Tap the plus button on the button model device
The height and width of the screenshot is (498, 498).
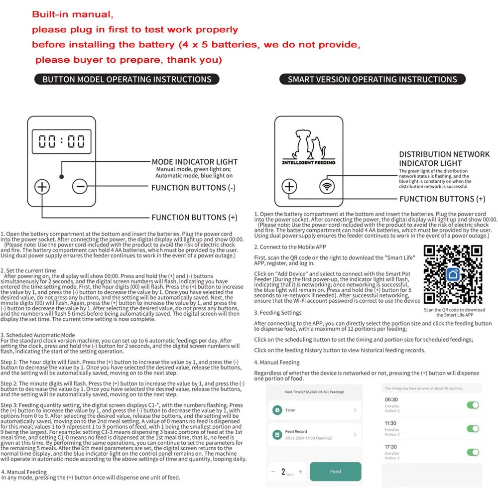click(42, 187)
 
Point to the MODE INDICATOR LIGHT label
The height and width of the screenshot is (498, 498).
click(195, 162)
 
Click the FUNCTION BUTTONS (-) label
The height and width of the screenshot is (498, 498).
click(194, 188)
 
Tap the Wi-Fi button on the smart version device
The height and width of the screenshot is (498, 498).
click(327, 187)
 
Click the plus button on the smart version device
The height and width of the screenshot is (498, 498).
click(289, 187)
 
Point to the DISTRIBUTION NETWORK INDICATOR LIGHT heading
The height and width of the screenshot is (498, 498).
click(444, 159)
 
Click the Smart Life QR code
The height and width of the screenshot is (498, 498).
click(453, 274)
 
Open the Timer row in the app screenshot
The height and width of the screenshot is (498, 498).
click(314, 410)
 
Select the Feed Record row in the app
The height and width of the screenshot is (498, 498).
click(314, 434)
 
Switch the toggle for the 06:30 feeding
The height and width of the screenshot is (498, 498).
click(473, 405)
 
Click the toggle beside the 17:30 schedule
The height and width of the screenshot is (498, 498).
click(473, 452)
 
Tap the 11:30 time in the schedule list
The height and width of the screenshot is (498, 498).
click(391, 423)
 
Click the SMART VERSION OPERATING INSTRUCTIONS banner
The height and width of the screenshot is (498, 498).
click(373, 79)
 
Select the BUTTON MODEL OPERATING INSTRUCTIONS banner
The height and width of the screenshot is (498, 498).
click(126, 79)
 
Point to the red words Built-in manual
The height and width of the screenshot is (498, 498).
click(73, 14)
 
